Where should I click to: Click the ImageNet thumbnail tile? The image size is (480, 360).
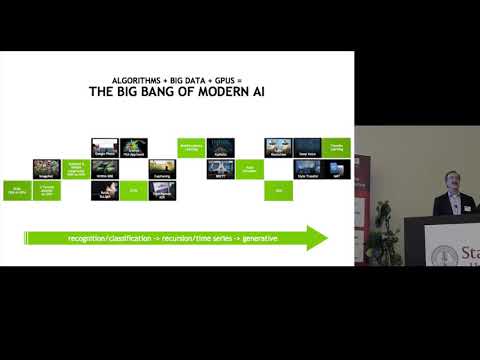[x=46, y=168]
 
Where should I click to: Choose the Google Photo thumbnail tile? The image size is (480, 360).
[x=105, y=147]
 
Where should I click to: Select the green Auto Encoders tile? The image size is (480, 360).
[x=250, y=168]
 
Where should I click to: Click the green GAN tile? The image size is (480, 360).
[x=279, y=188]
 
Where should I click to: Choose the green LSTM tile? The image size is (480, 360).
[x=134, y=188]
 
